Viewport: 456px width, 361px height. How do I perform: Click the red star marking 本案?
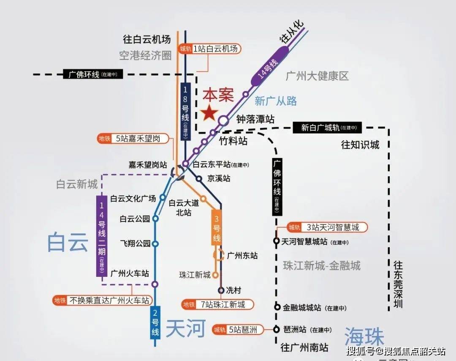[x=209, y=113]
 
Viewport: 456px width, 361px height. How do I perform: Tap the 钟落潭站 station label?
[x=255, y=120]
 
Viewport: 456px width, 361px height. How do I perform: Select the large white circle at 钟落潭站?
[x=223, y=120]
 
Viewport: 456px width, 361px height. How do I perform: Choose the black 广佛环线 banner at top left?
[x=92, y=74]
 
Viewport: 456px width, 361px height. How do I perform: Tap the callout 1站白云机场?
[x=210, y=49]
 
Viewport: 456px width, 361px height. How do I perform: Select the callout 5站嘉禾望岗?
[x=133, y=138]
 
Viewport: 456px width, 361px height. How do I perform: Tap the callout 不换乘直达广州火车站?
[x=103, y=301]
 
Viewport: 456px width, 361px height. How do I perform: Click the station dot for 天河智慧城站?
[x=276, y=241]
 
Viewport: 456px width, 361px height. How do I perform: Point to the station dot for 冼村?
[x=221, y=290]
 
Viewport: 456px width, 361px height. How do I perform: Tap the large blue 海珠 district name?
[x=364, y=337]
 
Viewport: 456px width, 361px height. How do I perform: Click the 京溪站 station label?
[x=219, y=178]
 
